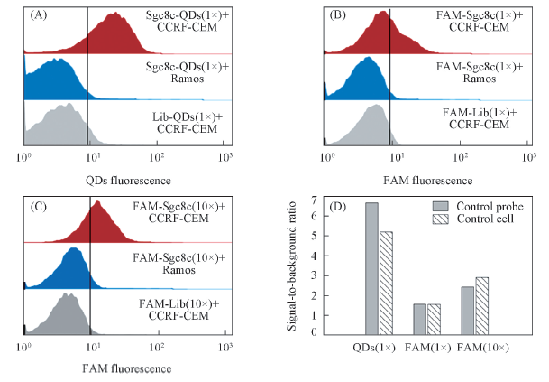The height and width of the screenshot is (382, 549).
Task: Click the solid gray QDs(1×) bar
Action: (371, 269)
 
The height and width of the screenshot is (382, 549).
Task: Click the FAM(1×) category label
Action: (430, 348)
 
